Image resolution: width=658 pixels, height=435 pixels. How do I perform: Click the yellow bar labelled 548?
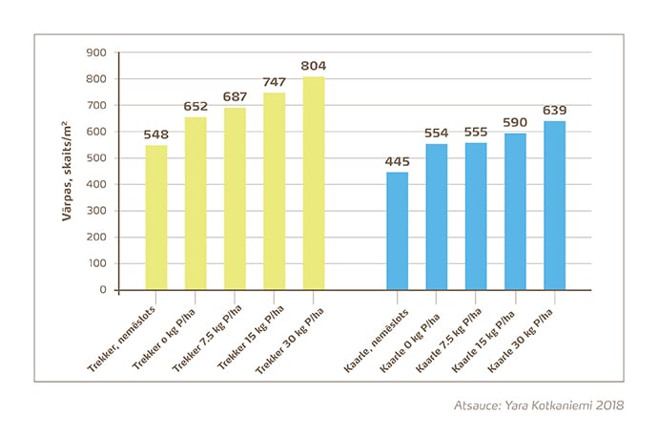[x=156, y=217]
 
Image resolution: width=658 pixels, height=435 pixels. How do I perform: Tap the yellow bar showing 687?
[x=235, y=198]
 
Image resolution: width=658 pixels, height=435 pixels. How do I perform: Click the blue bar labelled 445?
[x=397, y=231]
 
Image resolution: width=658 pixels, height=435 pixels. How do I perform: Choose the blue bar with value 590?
[x=515, y=212]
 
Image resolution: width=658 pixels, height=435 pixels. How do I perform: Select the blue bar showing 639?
[x=554, y=205]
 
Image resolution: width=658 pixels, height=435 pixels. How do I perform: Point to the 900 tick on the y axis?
[x=97, y=53]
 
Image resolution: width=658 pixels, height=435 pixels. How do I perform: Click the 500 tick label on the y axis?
[x=97, y=158]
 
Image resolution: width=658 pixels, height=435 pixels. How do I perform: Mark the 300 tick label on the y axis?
[x=97, y=211]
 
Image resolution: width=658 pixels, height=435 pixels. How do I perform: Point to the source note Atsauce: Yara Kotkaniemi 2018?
[x=539, y=404]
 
